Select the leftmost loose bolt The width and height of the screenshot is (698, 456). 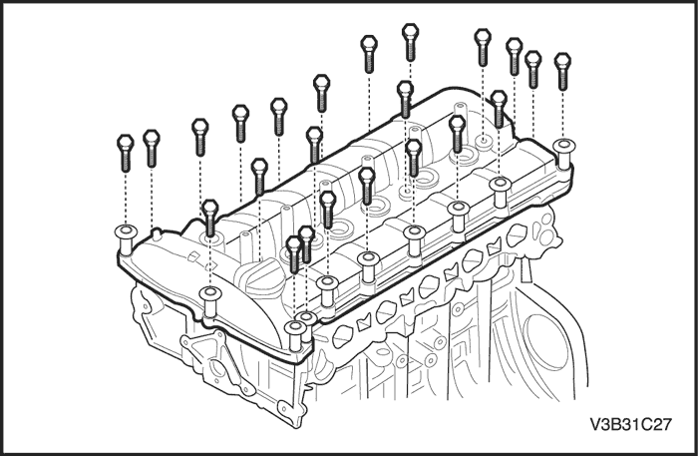pyautogui.click(x=125, y=152)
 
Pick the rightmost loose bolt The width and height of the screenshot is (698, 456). pyautogui.click(x=561, y=69)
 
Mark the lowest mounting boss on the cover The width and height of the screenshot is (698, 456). pyautogui.click(x=295, y=330)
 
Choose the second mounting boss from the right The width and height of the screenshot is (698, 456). pyautogui.click(x=501, y=188)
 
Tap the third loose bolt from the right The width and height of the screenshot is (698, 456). pyautogui.click(x=515, y=55)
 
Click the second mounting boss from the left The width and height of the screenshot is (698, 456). pyautogui.click(x=209, y=294)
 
